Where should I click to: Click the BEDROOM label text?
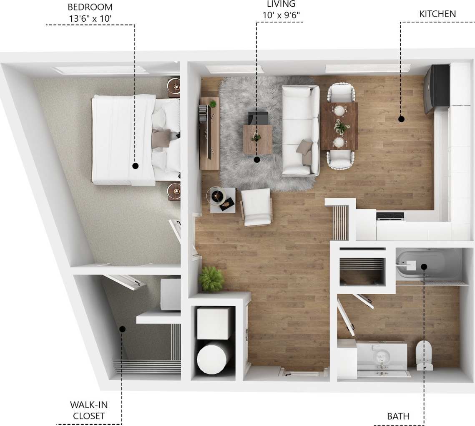tap(90, 7)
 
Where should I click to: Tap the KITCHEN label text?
tap(437, 14)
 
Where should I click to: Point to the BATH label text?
tap(398, 416)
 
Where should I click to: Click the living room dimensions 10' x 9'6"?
tap(281, 15)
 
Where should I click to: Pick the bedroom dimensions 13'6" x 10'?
tap(90, 18)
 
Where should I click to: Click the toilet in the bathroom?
tap(425, 355)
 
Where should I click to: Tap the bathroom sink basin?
tap(381, 357)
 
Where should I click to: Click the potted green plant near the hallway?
tap(211, 279)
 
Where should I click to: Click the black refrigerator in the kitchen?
tap(437, 88)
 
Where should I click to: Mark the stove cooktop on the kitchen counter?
tap(390, 216)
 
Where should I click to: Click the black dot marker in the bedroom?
tap(135, 166)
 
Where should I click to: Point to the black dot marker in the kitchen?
tap(401, 119)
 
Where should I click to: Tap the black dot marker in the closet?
tap(122, 329)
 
